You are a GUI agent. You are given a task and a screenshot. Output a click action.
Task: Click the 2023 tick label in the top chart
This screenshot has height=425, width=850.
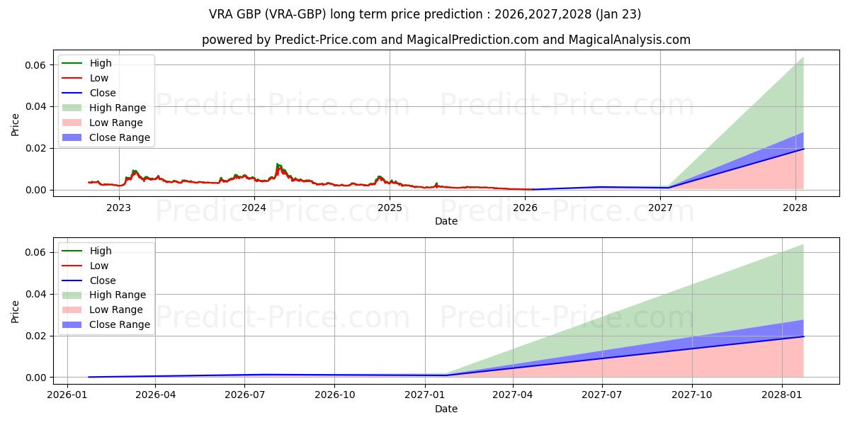pos(118,208)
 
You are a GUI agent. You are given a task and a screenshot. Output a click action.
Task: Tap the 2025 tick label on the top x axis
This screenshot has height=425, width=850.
pos(390,208)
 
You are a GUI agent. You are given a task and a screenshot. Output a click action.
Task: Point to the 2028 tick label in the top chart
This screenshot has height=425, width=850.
pos(795,208)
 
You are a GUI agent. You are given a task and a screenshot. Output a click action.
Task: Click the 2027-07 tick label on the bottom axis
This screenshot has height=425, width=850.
pos(601,395)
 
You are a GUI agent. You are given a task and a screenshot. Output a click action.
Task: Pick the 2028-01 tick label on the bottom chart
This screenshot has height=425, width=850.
pos(782,395)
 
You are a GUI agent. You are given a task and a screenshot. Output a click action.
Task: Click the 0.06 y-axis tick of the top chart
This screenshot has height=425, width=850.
pos(38,65)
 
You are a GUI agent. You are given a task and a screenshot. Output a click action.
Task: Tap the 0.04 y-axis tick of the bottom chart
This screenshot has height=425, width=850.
pos(38,294)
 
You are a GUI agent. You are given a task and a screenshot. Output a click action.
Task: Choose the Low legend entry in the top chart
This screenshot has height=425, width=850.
pos(99,78)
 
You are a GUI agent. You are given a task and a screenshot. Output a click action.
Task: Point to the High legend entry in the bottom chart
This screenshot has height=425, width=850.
pos(101,251)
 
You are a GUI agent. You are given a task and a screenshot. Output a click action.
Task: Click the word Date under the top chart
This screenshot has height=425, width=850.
pos(446,221)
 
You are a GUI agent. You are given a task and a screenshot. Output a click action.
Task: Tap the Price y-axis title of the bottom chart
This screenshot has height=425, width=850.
pos(16,311)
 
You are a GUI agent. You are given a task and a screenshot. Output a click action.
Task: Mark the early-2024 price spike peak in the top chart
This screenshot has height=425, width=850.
pos(278,164)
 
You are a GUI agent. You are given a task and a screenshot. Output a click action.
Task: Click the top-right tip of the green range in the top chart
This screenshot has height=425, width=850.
pos(803,57)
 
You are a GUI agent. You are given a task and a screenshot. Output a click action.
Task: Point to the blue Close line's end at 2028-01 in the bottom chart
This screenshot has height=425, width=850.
pos(803,336)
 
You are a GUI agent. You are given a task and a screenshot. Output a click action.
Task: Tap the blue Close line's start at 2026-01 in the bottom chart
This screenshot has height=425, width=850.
pos(89,377)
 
